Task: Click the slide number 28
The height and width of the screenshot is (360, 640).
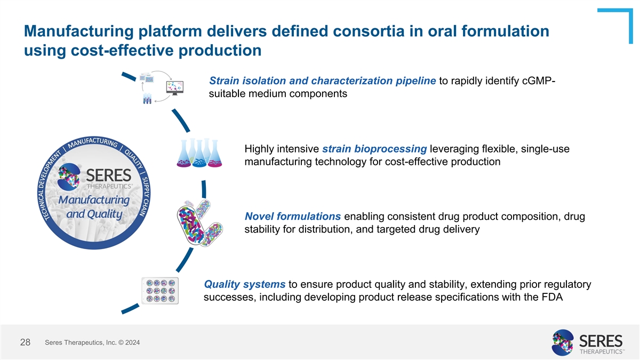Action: tap(25, 343)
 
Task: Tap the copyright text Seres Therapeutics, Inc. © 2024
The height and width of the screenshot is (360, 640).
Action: tap(93, 343)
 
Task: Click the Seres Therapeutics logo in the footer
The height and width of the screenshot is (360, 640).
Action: tap(587, 342)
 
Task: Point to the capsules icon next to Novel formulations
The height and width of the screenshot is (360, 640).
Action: tap(198, 222)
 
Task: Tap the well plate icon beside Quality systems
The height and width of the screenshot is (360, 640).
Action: tap(161, 291)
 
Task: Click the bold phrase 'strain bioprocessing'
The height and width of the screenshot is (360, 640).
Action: tap(374, 148)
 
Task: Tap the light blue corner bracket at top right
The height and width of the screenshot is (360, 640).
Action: tap(618, 24)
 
